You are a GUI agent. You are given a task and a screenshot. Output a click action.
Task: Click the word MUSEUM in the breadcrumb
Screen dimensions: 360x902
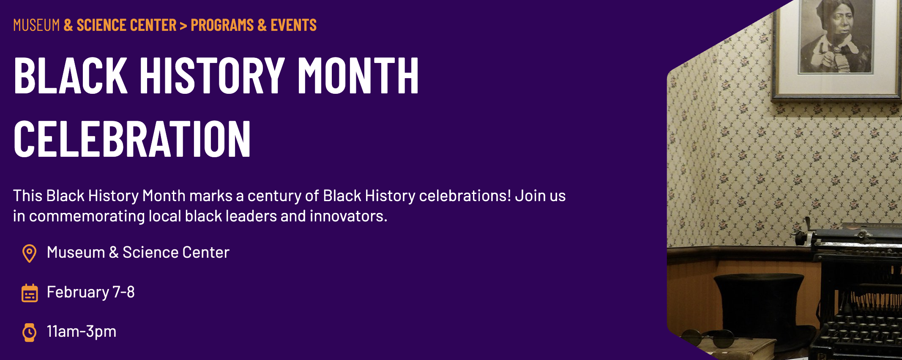click(x=36, y=25)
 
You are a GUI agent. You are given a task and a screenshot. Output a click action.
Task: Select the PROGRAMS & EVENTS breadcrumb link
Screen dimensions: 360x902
click(x=254, y=25)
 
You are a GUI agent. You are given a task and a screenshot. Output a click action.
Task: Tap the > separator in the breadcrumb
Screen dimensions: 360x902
click(x=183, y=26)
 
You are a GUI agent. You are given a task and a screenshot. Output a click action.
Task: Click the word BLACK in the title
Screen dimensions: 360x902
click(x=70, y=76)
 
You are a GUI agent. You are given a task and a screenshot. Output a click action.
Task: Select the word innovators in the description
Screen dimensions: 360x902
click(x=348, y=216)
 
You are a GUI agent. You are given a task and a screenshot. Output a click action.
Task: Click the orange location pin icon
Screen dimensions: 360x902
click(x=29, y=254)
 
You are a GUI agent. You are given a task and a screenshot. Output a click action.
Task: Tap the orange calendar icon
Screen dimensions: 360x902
click(x=30, y=293)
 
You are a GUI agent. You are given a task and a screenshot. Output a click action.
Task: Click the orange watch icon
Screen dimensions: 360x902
click(x=29, y=333)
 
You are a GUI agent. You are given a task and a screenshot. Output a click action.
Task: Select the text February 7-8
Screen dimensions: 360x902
click(x=90, y=292)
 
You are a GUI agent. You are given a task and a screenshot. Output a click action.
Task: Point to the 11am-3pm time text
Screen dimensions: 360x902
click(x=82, y=332)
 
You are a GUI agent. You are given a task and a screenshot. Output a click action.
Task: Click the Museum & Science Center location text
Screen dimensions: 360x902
click(x=138, y=253)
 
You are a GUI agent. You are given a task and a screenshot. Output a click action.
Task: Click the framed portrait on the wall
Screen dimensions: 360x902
click(x=836, y=46)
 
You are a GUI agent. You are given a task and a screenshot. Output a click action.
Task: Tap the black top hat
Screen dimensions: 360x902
click(x=759, y=304)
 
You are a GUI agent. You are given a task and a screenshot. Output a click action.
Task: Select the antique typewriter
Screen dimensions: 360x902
click(x=858, y=296)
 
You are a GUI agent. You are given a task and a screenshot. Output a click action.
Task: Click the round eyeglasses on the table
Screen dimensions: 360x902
click(x=710, y=338)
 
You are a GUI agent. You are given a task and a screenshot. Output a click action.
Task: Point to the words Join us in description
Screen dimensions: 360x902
click(x=540, y=196)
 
